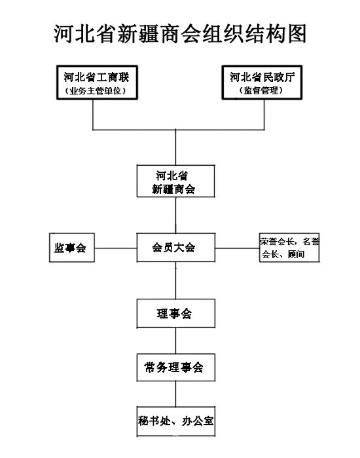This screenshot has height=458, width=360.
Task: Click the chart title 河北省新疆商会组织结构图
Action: [180, 34]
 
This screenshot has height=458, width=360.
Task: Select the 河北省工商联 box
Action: [97, 83]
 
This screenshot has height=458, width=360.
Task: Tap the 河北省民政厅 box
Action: [262, 83]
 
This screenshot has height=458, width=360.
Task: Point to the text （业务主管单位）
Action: [96, 91]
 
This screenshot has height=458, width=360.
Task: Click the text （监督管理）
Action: [261, 90]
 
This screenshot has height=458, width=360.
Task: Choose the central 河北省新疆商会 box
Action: [176, 181]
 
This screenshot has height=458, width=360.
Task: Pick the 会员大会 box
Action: [176, 248]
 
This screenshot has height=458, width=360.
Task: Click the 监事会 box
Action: [72, 248]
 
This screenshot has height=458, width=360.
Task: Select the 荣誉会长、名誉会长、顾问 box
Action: [289, 248]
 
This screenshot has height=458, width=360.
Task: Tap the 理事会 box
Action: [176, 313]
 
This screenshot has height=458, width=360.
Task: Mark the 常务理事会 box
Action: [176, 368]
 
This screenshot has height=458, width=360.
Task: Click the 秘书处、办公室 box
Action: [176, 421]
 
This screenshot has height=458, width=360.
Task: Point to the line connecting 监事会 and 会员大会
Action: [116, 248]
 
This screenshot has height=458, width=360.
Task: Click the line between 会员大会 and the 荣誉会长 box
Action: [237, 248]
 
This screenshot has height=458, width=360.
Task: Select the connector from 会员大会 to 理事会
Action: [175, 280]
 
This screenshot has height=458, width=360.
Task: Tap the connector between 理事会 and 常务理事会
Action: [175, 341]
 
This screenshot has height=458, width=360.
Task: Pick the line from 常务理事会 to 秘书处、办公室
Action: [175, 394]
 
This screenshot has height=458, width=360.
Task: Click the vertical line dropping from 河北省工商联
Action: [93, 115]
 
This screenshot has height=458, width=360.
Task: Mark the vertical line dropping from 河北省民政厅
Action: [264, 115]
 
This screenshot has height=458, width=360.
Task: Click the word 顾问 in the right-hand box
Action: [296, 254]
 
